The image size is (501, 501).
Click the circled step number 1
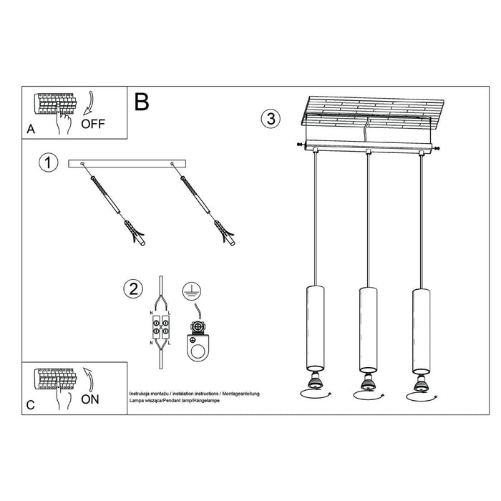click(48, 163)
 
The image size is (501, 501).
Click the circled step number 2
click(132, 289)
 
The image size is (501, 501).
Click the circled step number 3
click(270, 119)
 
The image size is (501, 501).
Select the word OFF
click(93, 123)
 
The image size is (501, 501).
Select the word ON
click(90, 399)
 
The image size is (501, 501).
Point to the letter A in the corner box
click(30, 130)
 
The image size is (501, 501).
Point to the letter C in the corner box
click(30, 405)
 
